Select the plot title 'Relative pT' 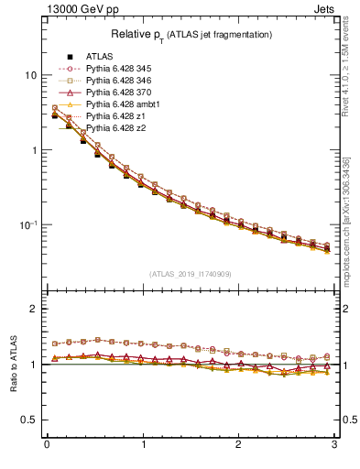point(191,35)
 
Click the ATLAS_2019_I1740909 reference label point(191,274)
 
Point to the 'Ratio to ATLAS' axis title point(13,364)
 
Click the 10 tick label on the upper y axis point(31,75)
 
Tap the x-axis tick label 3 point(335,446)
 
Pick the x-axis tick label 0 point(47,446)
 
